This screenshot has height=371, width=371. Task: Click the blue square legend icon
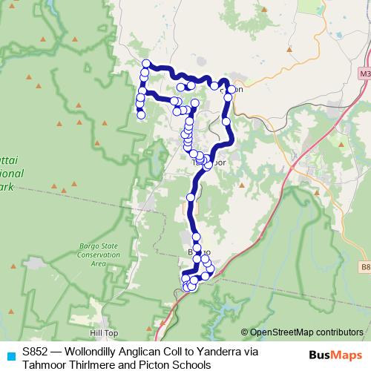coord(10,355)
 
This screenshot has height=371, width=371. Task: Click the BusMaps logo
coord(336,355)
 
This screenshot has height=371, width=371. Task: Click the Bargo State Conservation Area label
coord(105,255)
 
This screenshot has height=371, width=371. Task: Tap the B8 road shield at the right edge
coord(365,266)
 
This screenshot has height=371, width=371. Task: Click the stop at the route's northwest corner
coord(147,64)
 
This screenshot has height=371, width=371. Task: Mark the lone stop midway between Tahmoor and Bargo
coord(191,197)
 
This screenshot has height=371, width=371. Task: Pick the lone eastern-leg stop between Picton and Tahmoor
coord(226,120)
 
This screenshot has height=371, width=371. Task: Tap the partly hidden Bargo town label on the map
coord(192,253)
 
